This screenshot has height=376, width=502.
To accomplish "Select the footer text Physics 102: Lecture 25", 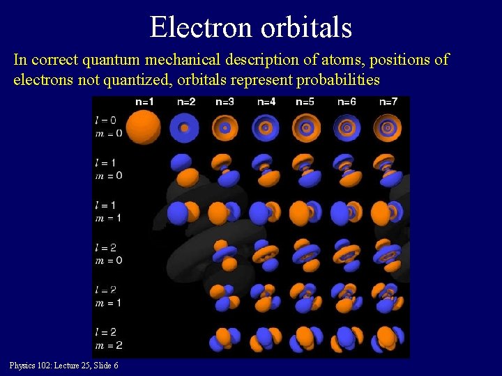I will click(47, 366).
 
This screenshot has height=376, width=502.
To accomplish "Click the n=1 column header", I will click(144, 102).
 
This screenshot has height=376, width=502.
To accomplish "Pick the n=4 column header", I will click(266, 102).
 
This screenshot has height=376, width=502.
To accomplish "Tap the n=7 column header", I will click(388, 102).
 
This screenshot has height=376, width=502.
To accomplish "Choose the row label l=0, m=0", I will click(108, 126).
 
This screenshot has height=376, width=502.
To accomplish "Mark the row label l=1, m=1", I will click(108, 212).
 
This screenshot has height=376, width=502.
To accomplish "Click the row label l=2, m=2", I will click(108, 338).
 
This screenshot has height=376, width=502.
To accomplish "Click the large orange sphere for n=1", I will click(144, 127).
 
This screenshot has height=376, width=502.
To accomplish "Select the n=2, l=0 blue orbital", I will click(184, 128).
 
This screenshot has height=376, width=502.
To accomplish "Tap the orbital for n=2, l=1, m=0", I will click(184, 170).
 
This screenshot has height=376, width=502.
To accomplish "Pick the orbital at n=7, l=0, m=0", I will click(388, 128).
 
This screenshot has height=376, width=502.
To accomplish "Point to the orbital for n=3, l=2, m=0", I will click(225, 255).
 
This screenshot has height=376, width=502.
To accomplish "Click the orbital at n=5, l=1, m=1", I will click(305, 212).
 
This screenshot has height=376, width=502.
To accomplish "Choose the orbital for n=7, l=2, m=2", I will click(388, 339).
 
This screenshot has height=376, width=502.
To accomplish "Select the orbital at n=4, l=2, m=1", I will click(265, 297).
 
